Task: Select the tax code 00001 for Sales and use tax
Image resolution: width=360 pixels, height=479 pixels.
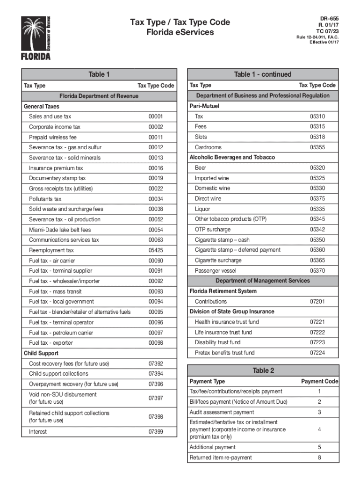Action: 156,116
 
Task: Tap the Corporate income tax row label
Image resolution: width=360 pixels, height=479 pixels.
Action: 55,127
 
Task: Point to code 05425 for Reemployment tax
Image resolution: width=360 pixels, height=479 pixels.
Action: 156,250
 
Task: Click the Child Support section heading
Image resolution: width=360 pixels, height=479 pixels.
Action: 41,353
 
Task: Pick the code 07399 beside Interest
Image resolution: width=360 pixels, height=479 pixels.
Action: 156,432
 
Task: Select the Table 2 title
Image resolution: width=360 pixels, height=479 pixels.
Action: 263,370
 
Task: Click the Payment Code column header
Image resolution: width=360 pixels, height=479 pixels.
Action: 319,381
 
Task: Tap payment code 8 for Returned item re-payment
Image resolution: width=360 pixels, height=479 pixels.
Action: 319,457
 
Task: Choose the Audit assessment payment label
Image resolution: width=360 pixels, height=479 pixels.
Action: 222,412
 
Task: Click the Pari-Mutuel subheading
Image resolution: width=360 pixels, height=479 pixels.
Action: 204,106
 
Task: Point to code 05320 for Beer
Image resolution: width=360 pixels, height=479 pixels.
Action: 317,167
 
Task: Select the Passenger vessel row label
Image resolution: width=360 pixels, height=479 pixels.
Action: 216,271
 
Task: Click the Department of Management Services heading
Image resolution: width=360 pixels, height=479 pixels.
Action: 263,281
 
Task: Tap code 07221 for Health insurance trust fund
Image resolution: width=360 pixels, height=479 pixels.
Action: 317,322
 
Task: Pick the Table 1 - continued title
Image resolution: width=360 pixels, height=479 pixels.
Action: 263,74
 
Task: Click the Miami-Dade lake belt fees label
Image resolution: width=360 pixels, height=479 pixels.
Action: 60,230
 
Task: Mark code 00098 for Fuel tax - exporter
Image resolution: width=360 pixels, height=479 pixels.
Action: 156,343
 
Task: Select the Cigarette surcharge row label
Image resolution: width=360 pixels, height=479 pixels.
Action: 218,260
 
